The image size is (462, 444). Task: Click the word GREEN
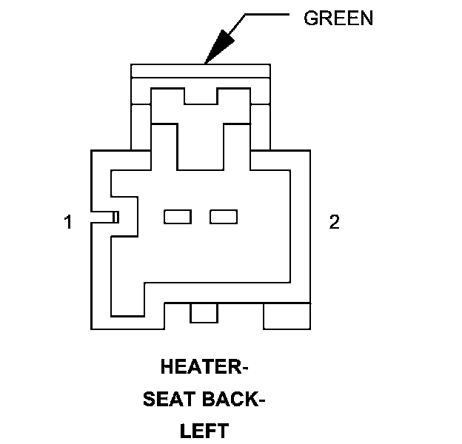338,19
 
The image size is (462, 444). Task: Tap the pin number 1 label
68,222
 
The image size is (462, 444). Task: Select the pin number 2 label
335,222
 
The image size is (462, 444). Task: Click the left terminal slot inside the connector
178,217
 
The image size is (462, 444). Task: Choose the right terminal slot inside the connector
224,217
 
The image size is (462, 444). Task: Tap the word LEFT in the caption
205,431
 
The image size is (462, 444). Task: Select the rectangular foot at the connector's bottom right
287,316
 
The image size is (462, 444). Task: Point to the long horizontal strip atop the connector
200,70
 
